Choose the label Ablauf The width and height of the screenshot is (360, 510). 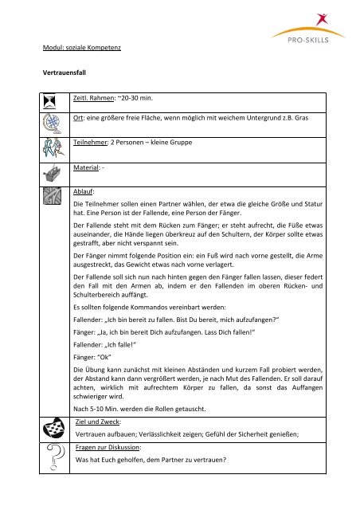point(84,191)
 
